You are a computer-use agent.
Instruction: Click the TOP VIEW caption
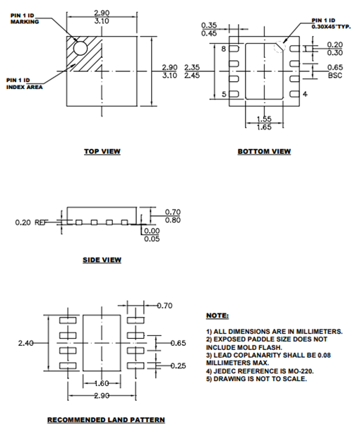102,151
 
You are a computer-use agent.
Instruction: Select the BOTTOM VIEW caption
264,151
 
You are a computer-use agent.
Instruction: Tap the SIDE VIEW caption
102,260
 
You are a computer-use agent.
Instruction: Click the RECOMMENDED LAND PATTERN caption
106,420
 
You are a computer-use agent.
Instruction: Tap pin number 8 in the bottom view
224,49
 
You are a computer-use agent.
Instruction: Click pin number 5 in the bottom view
224,94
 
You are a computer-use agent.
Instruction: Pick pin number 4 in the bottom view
304,94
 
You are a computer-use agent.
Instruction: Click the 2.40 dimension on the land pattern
26,343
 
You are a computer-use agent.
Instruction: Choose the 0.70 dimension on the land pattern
164,306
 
